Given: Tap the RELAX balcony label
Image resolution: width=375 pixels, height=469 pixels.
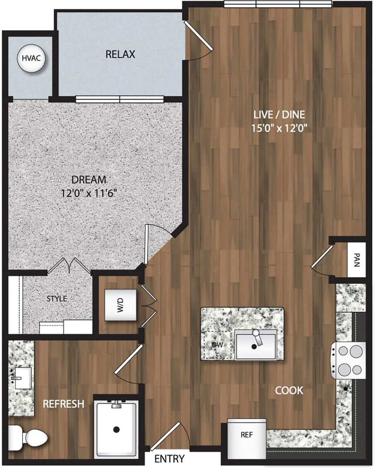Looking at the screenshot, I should click(x=120, y=54).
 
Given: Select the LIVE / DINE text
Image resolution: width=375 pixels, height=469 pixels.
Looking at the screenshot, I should click(x=279, y=115).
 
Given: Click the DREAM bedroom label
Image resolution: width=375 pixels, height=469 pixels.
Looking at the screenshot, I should click(x=89, y=179).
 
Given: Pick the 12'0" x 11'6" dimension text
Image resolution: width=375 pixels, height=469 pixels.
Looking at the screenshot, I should click(x=89, y=193).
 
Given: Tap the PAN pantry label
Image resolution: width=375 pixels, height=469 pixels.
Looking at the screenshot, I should click(x=356, y=260).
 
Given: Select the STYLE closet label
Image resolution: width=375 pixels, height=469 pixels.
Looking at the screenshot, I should click(x=57, y=299).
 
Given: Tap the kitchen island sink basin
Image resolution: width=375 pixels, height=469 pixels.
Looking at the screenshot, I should click(x=256, y=345).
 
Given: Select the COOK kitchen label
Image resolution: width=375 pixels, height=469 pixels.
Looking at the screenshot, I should click(x=289, y=390).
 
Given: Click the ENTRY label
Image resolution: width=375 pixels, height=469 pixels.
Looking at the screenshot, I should click(x=170, y=459).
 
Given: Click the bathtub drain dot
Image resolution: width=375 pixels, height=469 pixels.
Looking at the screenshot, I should click(x=116, y=430).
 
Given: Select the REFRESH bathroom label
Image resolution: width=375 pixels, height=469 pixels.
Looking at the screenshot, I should click(x=63, y=404).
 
